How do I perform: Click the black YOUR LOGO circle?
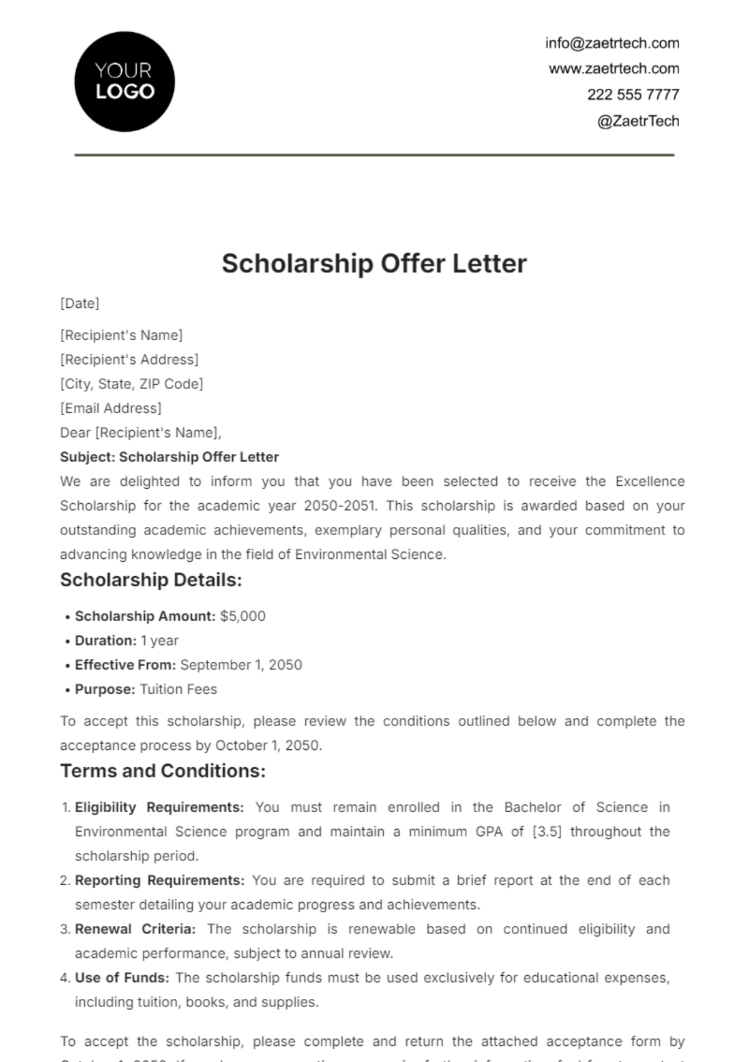point(124,82)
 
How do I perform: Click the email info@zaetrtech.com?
point(612,43)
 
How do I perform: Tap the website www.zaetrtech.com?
point(614,69)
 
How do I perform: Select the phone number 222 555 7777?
point(632,95)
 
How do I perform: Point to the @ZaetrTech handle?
point(638,121)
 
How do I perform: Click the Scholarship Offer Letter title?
point(374,263)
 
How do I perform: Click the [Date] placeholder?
point(80,303)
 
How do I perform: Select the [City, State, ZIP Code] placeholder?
point(132,384)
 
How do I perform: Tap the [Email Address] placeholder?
point(110,408)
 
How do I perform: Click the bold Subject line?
point(169,457)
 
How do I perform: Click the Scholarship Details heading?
point(150,580)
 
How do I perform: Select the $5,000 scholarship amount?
point(243,616)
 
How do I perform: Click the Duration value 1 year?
point(159,641)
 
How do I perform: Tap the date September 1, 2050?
point(241,665)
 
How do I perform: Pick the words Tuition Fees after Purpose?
point(179,689)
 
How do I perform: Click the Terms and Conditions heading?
point(163,771)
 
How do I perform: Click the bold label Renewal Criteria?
point(135,929)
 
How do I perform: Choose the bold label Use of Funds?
point(122,978)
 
